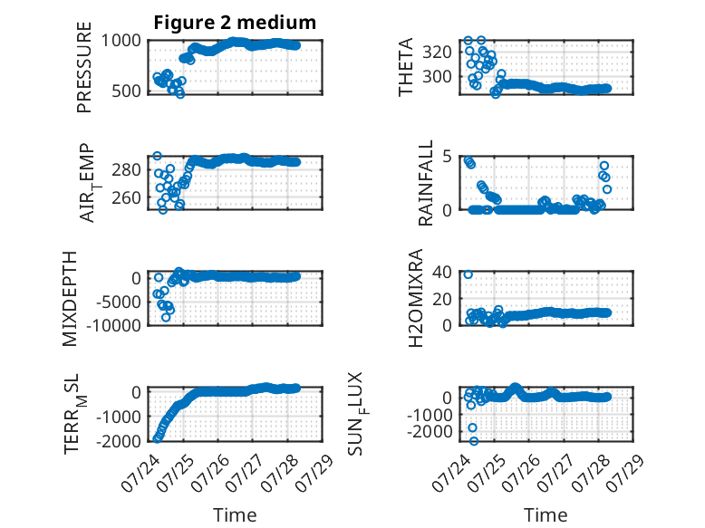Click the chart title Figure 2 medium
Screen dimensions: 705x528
point(235,23)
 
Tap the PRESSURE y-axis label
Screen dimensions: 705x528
point(84,67)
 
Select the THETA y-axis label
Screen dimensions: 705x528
point(406,67)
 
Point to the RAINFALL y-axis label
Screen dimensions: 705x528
point(425,183)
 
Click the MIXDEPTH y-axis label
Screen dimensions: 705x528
point(70,299)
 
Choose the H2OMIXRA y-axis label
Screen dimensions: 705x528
point(416,298)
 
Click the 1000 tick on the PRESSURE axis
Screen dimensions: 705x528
point(121,41)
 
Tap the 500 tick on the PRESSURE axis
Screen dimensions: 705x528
point(126,91)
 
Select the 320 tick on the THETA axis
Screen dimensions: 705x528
point(437,53)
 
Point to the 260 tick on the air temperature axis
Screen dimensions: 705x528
point(126,197)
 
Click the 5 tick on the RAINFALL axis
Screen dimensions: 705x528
point(447,157)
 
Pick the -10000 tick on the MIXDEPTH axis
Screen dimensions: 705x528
point(114,325)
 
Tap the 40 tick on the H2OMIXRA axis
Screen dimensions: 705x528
point(442,272)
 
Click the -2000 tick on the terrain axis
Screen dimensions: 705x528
point(119,441)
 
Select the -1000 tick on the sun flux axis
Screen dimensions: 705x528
point(430,415)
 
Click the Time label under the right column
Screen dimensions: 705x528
point(546,515)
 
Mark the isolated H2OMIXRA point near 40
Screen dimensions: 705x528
point(468,274)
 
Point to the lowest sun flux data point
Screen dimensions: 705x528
point(474,441)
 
